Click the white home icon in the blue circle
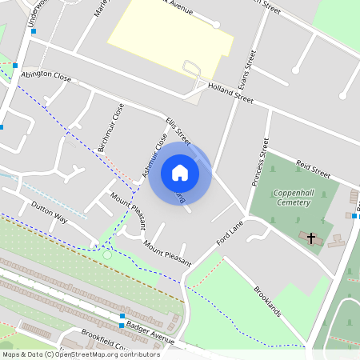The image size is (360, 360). [180, 172]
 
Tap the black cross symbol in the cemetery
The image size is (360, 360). [311, 238]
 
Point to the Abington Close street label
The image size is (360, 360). [46, 78]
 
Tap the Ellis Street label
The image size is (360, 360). [178, 132]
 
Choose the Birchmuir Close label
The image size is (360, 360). [111, 127]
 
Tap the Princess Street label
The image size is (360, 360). [258, 163]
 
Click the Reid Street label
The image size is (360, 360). [313, 168]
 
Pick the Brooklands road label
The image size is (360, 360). [268, 300]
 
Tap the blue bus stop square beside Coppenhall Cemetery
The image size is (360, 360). [353, 215]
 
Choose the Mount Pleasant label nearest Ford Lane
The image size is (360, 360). [167, 252]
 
